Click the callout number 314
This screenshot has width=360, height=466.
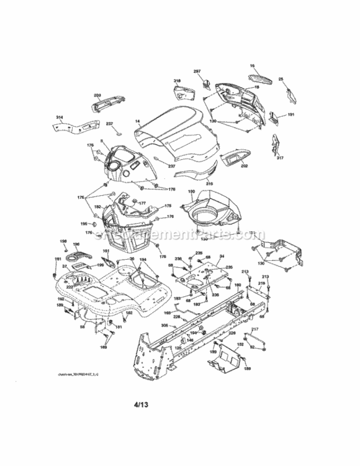(x=60, y=117)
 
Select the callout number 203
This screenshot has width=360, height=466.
(x=97, y=95)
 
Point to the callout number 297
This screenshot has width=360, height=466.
(x=197, y=72)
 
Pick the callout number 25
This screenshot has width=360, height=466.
(x=281, y=80)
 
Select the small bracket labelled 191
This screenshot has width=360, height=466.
(x=279, y=117)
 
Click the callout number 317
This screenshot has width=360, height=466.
(x=280, y=158)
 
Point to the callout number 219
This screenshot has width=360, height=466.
(x=261, y=283)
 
